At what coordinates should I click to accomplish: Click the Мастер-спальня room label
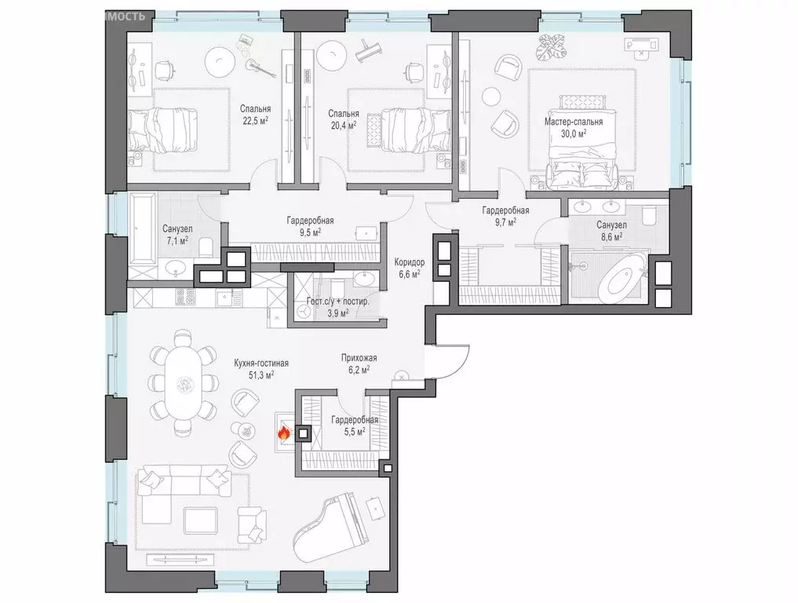574,122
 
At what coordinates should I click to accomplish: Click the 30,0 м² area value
574,133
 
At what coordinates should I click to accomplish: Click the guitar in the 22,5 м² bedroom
262,68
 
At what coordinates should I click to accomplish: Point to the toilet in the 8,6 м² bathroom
648,217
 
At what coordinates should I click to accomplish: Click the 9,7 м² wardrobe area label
505,223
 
